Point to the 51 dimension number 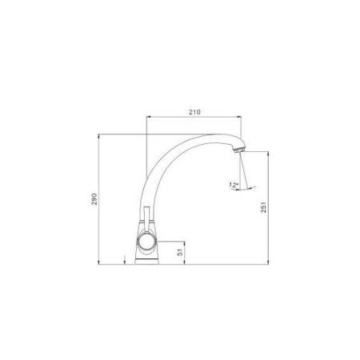coord(182,250)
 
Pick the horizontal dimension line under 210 coord(194,118)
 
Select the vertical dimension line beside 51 coord(186,251)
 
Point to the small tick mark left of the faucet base coord(126,258)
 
